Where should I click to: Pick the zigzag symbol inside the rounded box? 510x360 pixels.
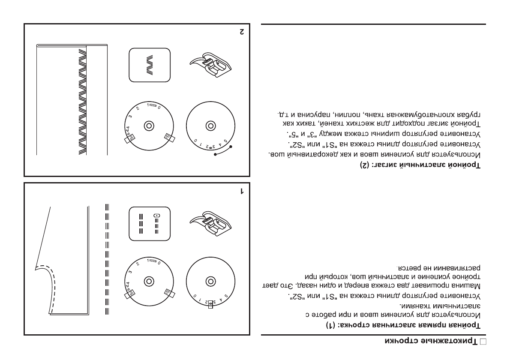150,66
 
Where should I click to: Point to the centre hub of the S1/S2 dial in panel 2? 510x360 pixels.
149,126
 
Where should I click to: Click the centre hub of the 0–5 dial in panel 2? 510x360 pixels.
210,126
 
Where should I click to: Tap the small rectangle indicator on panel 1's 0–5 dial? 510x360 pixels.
210,303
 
